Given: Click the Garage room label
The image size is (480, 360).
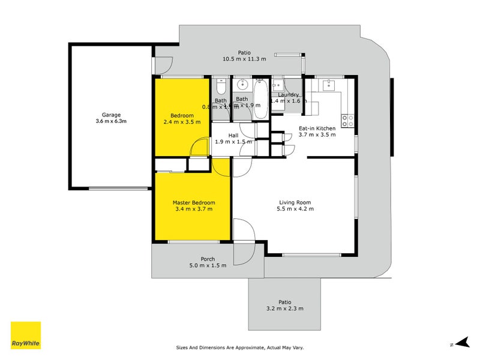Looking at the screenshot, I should click(x=111, y=115).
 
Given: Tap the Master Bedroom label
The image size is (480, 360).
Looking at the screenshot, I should click(x=194, y=203).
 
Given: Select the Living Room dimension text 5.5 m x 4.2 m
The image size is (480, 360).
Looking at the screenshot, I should click(x=295, y=209).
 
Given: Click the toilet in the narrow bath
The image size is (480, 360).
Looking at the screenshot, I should click(x=221, y=86).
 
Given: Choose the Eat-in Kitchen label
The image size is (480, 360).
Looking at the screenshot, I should click(x=317, y=128).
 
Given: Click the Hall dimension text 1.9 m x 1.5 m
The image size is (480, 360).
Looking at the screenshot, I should click(x=233, y=142).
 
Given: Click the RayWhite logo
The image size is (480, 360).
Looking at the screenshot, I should click(x=26, y=335).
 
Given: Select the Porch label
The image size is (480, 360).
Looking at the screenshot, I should click(x=208, y=259).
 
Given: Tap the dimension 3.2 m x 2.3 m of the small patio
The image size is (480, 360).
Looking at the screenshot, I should click(x=284, y=308).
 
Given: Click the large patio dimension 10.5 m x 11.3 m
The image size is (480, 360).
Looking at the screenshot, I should click(x=244, y=59).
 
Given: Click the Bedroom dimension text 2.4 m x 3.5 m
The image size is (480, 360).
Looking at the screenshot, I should click(x=182, y=122).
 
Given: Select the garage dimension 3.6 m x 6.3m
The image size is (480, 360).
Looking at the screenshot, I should click(x=111, y=121).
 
